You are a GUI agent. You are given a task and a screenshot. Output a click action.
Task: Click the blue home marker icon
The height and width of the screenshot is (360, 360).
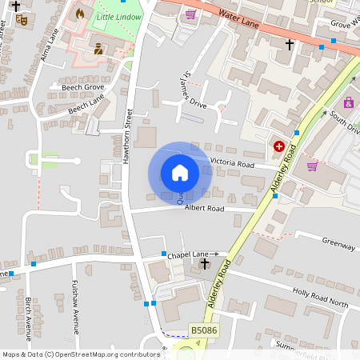click(180, 173)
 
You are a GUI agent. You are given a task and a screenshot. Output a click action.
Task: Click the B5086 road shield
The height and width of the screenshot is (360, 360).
click(203, 330)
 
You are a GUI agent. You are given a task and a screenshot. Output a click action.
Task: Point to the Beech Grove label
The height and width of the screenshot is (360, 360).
click(82, 86)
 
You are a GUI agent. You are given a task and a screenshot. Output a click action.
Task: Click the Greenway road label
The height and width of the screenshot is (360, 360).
click(338, 244)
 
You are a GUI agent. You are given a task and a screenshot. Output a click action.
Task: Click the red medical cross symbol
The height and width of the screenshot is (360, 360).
click(279, 146)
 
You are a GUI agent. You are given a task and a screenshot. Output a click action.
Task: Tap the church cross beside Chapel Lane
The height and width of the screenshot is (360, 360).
click(204, 263)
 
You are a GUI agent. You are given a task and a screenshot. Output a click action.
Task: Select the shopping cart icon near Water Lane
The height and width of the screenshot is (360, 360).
click(190, 14)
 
